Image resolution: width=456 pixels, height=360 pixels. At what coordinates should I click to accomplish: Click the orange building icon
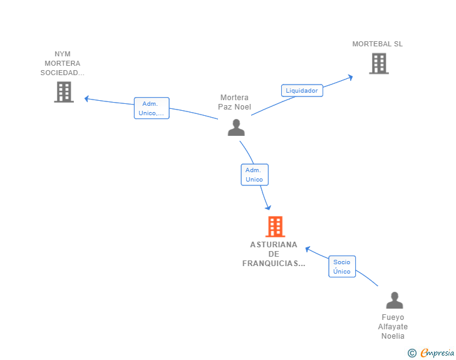point(275,226)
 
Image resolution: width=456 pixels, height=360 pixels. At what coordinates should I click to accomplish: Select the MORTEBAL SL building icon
point(379,63)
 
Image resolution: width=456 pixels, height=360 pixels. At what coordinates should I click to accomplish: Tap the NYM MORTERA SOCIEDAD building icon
point(64,92)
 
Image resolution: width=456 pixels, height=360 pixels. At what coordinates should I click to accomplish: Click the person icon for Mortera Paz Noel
point(236,127)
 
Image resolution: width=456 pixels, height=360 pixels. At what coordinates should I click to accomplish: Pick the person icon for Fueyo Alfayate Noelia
point(395,300)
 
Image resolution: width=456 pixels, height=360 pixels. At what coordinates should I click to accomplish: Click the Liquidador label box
point(302,90)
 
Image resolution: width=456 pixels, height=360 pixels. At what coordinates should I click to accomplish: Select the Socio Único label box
point(342,266)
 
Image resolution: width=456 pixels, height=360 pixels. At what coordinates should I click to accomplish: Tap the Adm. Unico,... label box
point(152,108)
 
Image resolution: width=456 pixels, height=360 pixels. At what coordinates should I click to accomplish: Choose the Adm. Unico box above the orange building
point(254,175)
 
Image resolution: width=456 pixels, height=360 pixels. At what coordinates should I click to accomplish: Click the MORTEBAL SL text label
point(378,44)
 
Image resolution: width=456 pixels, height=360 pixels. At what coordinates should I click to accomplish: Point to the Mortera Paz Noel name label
point(234,102)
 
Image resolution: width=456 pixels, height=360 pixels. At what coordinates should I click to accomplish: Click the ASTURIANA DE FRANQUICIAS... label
point(274,254)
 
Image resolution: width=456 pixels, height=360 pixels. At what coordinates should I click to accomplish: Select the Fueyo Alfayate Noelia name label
point(393,327)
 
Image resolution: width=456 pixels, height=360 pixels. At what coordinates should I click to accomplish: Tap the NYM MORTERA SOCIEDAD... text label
point(63,63)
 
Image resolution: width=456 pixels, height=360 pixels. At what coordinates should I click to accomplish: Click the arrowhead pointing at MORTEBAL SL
point(350,78)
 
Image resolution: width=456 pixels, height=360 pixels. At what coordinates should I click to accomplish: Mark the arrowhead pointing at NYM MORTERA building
point(86,99)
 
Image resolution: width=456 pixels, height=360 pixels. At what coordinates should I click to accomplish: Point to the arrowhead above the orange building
point(268,207)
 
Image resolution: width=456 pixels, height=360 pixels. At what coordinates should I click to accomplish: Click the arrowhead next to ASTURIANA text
point(308,249)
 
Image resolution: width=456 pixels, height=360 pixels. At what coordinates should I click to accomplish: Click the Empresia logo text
point(437,353)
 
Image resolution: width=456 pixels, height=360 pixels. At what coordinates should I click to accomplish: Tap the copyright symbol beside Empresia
point(412,353)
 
